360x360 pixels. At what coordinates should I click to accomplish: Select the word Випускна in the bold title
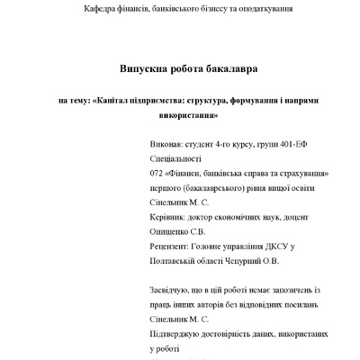point(148,67)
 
